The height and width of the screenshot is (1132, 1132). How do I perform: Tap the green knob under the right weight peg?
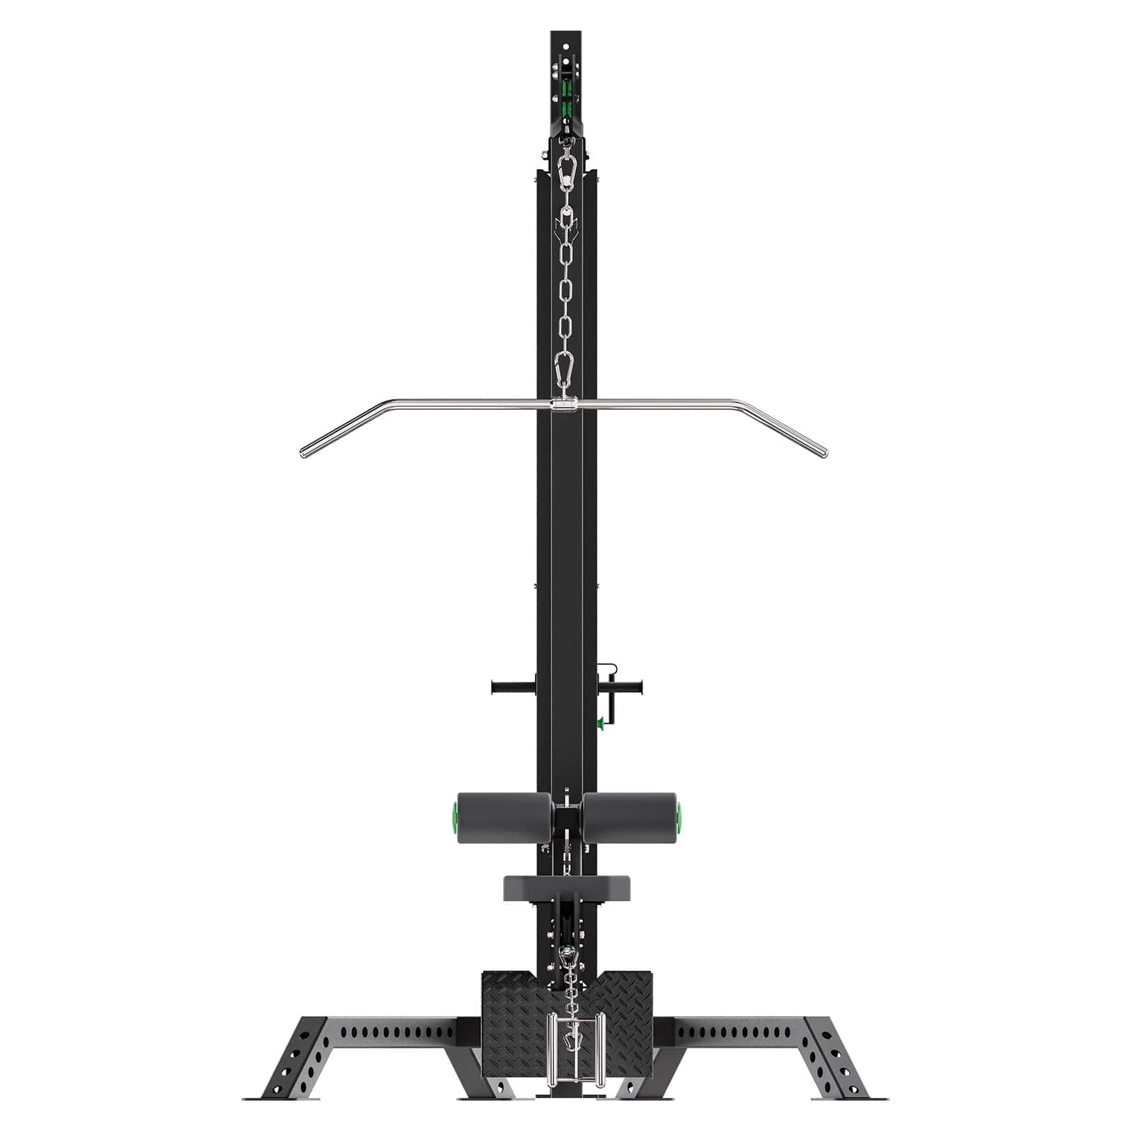(x=601, y=722)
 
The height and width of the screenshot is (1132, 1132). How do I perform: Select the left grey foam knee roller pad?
(x=504, y=818)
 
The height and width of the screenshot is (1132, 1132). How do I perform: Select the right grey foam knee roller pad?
(x=628, y=818)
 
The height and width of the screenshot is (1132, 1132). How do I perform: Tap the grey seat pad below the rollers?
(x=566, y=887)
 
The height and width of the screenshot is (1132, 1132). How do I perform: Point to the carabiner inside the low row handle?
(x=566, y=1058)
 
